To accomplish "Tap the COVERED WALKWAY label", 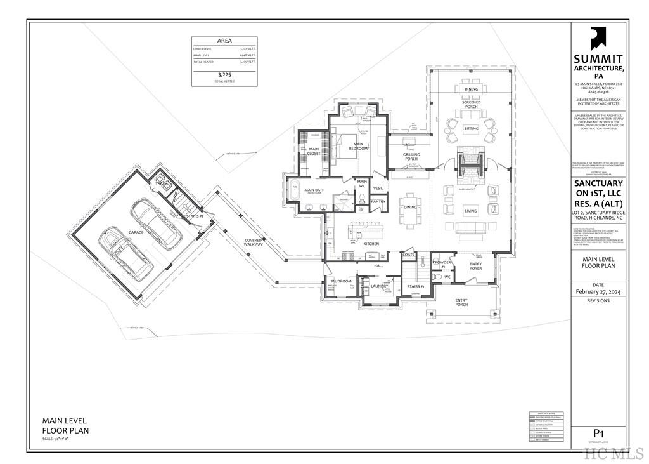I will pyautogui.click(x=254, y=242).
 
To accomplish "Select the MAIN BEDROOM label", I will pyautogui.click(x=358, y=146).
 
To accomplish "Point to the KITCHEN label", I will pyautogui.click(x=371, y=244).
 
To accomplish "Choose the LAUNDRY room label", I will pyautogui.click(x=379, y=286).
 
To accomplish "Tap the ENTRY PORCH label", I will pyautogui.click(x=461, y=302).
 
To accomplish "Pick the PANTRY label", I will pyautogui.click(x=378, y=201).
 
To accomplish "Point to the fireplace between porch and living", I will pyautogui.click(x=471, y=164).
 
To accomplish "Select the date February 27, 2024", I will pyautogui.click(x=598, y=292).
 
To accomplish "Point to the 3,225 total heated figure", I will pyautogui.click(x=224, y=75).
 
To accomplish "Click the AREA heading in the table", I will pyautogui.click(x=224, y=41).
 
